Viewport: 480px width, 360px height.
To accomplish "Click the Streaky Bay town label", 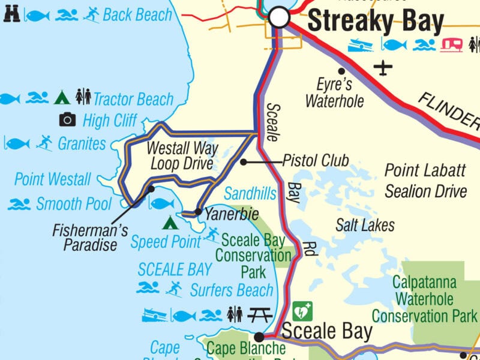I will tap(376, 22).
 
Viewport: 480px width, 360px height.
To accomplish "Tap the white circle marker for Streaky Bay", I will tap(279, 17).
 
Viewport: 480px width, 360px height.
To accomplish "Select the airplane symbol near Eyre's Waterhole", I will tap(383, 67).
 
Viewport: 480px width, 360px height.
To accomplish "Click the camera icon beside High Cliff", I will tap(68, 120).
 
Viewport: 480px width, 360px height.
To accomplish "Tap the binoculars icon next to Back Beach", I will tap(11, 14).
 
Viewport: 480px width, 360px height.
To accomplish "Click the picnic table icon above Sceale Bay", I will tap(260, 314).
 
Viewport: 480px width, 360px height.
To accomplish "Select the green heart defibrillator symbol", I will tap(302, 311).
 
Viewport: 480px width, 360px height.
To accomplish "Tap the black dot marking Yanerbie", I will tap(198, 212).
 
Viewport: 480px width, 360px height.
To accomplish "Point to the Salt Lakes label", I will tap(365, 225).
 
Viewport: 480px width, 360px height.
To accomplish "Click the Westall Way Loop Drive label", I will tap(181, 155).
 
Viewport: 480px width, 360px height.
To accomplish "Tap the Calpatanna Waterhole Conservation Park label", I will tap(424, 299).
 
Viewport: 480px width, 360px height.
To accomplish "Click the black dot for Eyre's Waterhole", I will tap(341, 71).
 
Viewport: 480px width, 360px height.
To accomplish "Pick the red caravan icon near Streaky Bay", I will tap(452, 44).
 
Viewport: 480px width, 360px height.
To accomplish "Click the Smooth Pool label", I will tap(74, 204).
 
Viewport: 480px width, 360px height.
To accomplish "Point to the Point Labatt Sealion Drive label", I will tap(425, 181).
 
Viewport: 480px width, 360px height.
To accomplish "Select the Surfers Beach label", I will tap(232, 290).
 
